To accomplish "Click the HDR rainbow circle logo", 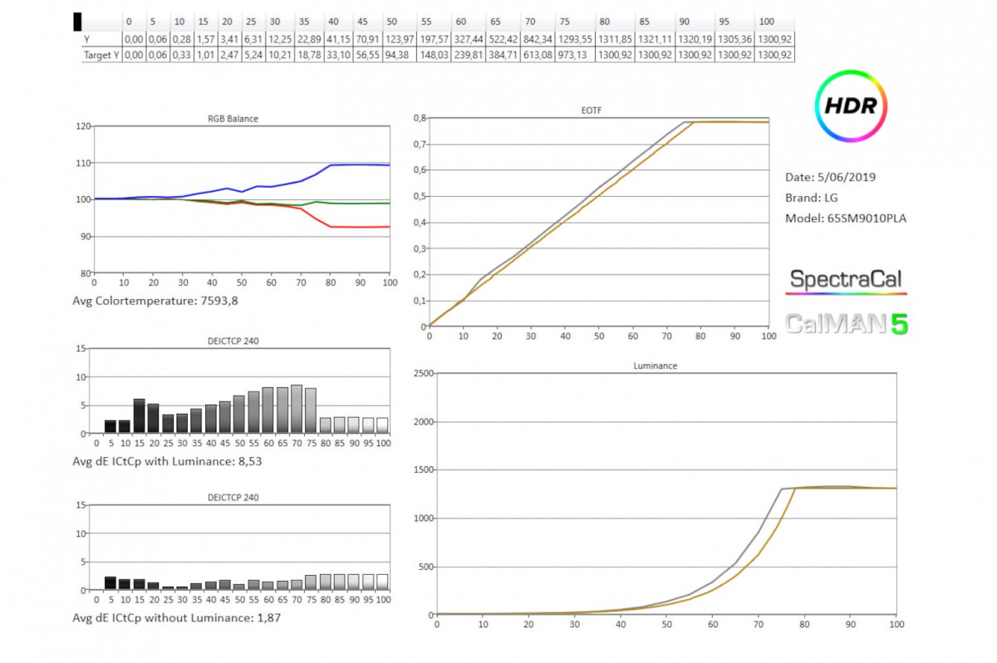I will pos(851,106).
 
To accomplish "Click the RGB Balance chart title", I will pos(233,119).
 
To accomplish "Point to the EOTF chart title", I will pos(597,110).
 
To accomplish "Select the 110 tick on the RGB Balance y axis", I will pos(83,163).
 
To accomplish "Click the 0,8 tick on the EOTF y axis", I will pos(419,118).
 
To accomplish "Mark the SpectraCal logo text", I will pos(846,280).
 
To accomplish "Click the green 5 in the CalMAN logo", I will pos(898,324).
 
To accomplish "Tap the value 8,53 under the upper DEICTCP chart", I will pos(248,461).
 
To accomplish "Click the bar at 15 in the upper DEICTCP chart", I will pos(139,416).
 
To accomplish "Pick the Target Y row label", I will pos(101,55).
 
